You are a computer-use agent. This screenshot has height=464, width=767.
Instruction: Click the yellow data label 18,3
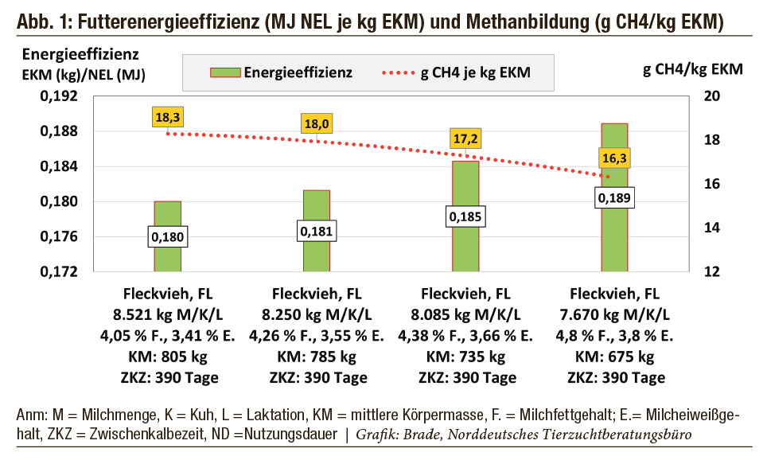[x=167, y=117]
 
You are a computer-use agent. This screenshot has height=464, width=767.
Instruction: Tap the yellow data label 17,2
[x=465, y=138]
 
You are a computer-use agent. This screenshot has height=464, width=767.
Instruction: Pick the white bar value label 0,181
[x=317, y=232]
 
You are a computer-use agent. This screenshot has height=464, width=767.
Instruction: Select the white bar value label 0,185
[x=465, y=216]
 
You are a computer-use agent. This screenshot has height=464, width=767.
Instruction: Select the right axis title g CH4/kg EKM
[x=692, y=68]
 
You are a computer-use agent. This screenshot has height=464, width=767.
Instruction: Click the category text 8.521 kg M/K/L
[x=168, y=313]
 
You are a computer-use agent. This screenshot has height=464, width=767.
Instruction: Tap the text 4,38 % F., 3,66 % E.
[x=465, y=334]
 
